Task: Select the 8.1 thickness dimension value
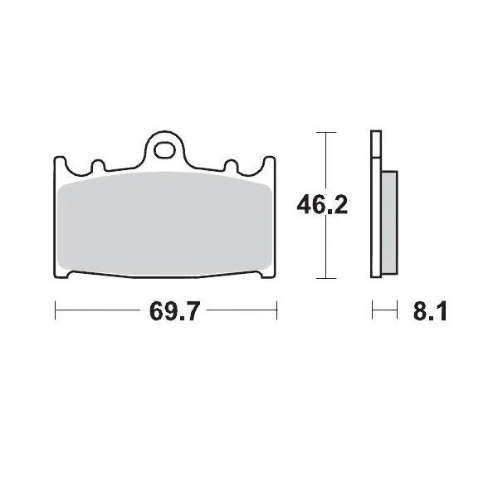[430, 313]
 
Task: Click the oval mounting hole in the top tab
[166, 150]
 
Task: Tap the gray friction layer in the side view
[390, 223]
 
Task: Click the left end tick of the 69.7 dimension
[55, 311]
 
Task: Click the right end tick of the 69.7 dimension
[276, 311]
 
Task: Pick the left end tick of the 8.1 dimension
[373, 311]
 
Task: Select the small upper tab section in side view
[376, 145]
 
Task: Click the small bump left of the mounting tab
[95, 165]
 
